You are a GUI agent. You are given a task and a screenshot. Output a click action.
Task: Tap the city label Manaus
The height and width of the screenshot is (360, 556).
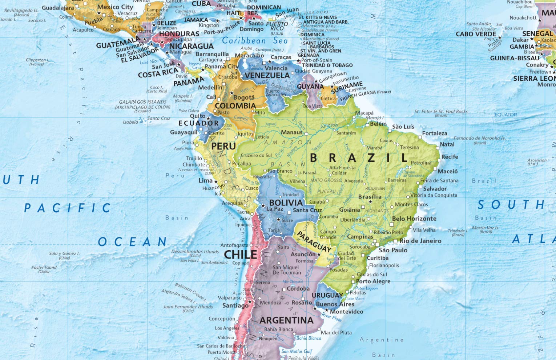click(x=291, y=132)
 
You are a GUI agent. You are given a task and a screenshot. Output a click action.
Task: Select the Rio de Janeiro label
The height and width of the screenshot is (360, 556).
click(x=420, y=241)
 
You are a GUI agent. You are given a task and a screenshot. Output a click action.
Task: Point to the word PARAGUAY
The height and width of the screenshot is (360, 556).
click(x=314, y=242)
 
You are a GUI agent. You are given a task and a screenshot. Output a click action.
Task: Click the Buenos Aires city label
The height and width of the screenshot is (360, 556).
click(x=335, y=304)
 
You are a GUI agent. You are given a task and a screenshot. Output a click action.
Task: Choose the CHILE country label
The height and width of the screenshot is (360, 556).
click(x=240, y=255)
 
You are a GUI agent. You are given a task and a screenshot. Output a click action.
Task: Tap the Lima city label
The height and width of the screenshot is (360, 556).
click(x=205, y=180)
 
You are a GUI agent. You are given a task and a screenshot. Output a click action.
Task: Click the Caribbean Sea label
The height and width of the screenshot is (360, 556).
click(x=255, y=41)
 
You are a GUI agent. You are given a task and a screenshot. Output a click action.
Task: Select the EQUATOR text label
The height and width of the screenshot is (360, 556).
click(x=505, y=115)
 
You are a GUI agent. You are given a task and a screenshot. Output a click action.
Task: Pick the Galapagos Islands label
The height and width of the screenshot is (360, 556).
click(x=142, y=102)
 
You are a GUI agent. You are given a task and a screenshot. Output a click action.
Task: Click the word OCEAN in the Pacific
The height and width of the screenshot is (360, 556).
click(x=132, y=242)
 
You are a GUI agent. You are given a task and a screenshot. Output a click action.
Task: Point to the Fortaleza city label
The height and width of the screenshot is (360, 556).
click(x=435, y=133)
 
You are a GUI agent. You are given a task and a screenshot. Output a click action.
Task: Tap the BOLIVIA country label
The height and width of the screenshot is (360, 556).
click(x=286, y=203)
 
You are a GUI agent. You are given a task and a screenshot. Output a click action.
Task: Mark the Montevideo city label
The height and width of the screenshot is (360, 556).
click(x=346, y=312)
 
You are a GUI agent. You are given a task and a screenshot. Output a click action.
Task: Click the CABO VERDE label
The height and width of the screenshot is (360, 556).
click(x=476, y=34)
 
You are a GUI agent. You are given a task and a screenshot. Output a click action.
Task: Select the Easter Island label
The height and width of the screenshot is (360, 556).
click(x=44, y=267)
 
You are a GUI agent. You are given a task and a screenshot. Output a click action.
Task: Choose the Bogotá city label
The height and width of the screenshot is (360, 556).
click(x=244, y=97)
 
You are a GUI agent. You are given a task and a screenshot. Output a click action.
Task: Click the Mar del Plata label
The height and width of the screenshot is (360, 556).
click(x=336, y=332)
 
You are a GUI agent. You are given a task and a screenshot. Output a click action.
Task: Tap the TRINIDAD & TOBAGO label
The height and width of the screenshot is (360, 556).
click(x=327, y=65)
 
